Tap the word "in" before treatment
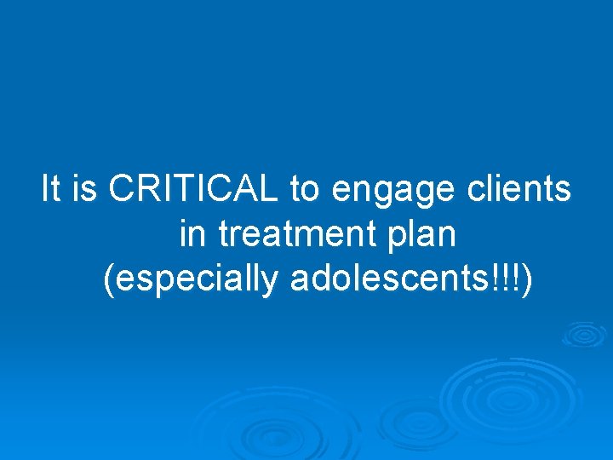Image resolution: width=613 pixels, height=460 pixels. point(191,234)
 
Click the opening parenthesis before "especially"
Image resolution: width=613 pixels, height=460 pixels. point(107,280)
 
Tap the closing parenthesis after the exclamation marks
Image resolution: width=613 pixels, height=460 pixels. point(529,280)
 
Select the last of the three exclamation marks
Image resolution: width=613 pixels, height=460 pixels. point(518,279)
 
